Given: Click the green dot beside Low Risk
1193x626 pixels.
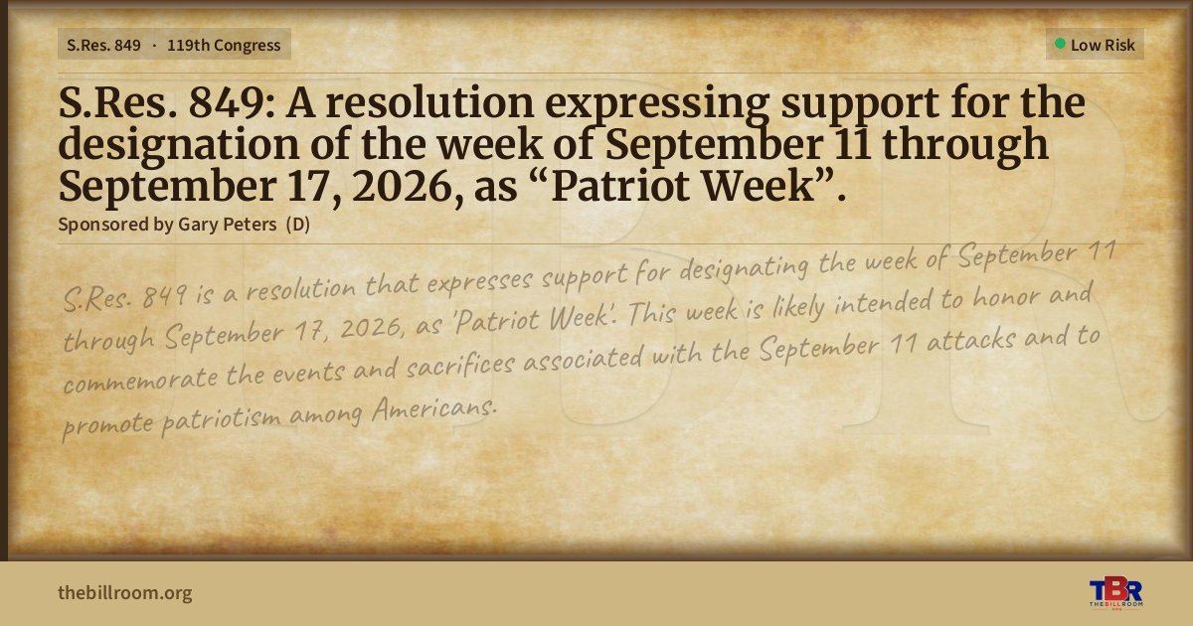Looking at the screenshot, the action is click(1060, 44).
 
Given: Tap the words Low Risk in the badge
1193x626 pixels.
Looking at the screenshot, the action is click(1103, 46).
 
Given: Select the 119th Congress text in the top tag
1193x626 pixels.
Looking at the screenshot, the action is click(224, 46).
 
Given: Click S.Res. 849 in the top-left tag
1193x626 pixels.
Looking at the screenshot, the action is click(103, 46).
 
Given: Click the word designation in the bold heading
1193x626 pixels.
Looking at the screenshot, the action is click(179, 146).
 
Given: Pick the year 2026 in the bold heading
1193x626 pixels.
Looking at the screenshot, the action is click(407, 188).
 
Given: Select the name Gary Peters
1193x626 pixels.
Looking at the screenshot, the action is click(227, 225).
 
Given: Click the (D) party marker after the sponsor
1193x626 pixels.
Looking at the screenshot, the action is click(297, 225).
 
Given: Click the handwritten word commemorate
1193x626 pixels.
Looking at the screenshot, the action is click(140, 379).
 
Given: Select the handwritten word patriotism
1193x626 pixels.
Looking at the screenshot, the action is click(221, 420).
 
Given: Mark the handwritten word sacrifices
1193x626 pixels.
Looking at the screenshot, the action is click(460, 366).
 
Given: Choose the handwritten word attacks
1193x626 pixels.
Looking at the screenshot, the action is click(971, 340).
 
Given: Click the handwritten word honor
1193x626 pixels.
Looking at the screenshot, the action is click(1005, 297).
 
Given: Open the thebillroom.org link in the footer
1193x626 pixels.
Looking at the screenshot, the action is click(125, 593).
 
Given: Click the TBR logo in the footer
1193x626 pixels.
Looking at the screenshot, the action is click(1115, 592).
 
